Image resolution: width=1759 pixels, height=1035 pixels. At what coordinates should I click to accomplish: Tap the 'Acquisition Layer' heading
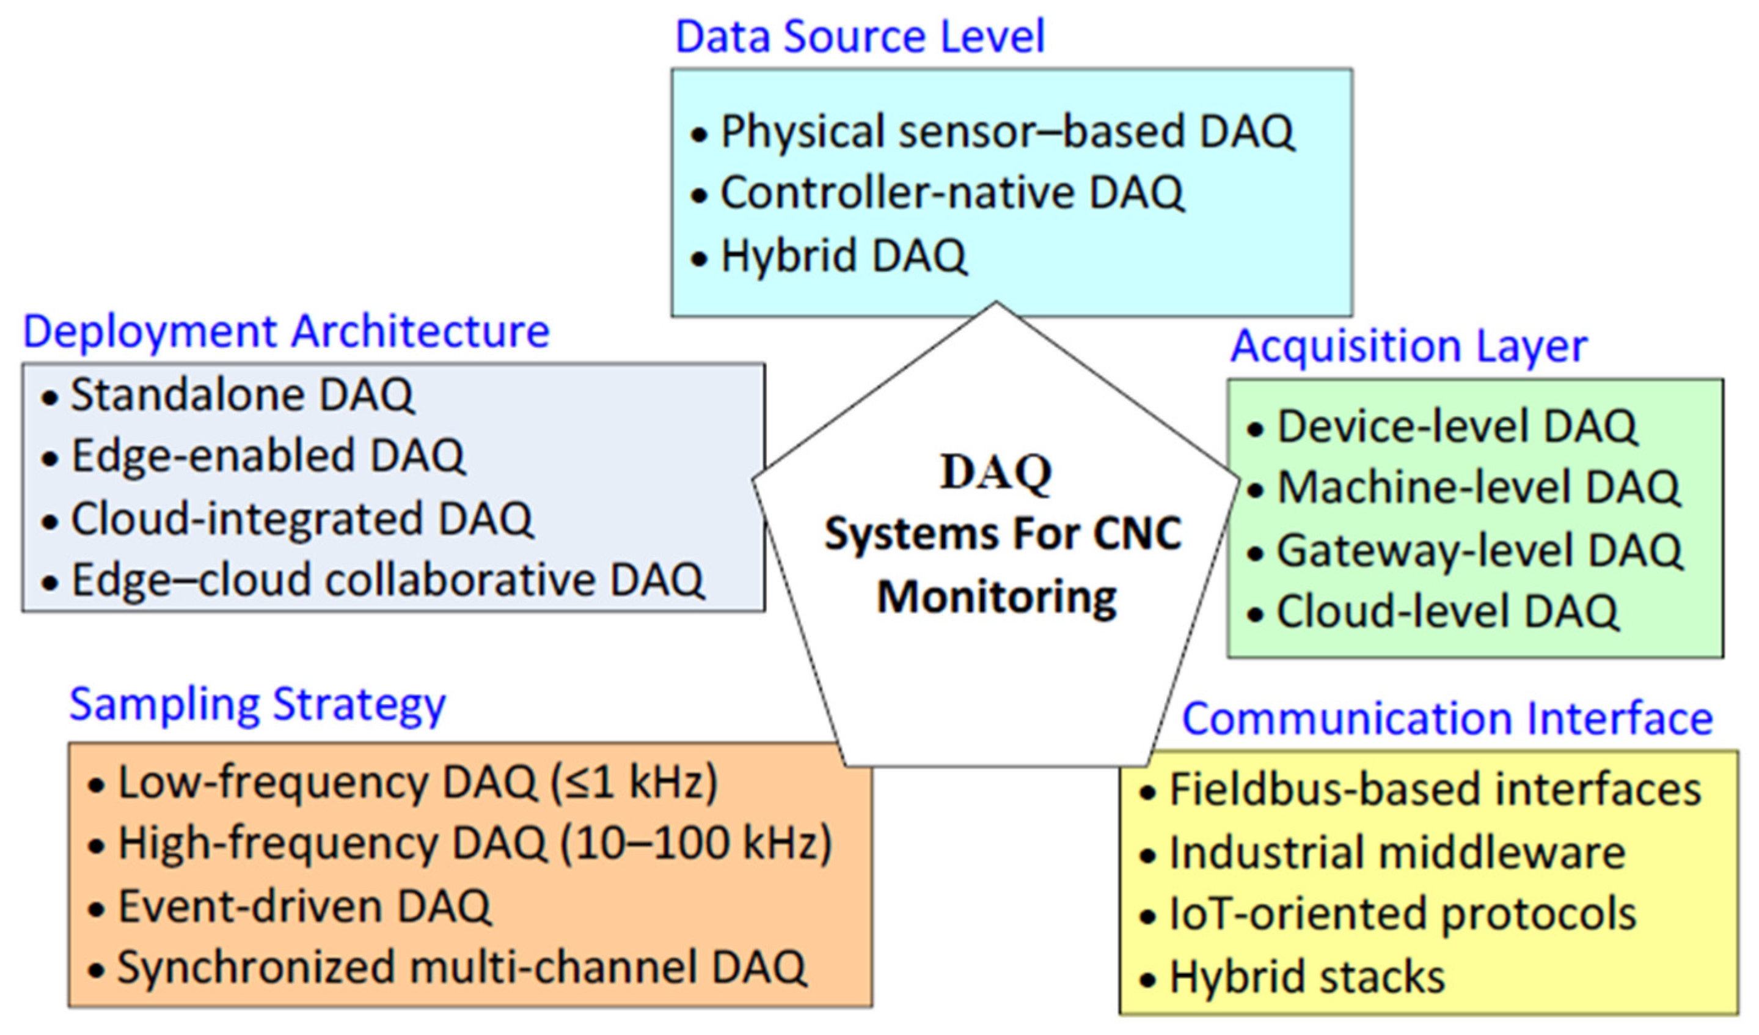(1408, 347)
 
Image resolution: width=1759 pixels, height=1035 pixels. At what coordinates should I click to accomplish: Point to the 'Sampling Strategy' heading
(258, 705)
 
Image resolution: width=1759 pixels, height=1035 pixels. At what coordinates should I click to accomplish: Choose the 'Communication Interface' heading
(1447, 718)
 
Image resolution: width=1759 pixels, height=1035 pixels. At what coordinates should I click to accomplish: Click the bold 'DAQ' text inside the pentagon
(996, 473)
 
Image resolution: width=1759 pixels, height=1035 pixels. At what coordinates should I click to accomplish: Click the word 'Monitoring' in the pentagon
(996, 599)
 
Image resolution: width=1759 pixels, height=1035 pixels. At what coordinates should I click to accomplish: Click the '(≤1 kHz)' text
(634, 783)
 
